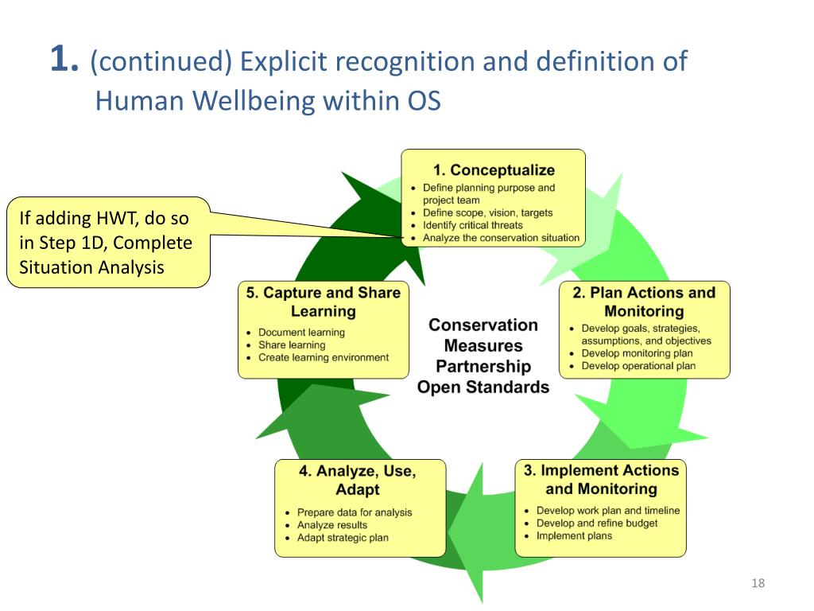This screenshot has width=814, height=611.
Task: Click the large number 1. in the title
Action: (64, 60)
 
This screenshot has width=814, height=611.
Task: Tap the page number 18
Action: (758, 584)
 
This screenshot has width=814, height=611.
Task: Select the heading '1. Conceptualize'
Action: (494, 170)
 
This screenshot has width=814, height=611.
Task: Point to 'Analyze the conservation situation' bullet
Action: (501, 238)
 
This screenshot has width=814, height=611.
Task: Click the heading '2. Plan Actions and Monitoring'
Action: (644, 302)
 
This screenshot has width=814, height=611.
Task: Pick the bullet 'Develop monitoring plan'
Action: (637, 353)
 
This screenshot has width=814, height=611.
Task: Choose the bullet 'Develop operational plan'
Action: (638, 366)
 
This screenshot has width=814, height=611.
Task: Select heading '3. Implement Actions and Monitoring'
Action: (601, 479)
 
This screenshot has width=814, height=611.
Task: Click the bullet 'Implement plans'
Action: (574, 536)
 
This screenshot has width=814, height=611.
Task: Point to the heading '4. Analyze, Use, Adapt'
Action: (358, 480)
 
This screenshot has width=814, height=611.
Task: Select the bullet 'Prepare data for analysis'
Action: (355, 512)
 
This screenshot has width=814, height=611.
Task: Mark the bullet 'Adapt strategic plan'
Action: (343, 538)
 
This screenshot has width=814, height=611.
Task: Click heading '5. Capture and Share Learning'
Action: (324, 302)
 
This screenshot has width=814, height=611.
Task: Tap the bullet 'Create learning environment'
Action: (324, 358)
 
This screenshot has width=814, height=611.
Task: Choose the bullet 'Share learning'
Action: (292, 345)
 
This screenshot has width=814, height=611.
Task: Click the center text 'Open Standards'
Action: (483, 387)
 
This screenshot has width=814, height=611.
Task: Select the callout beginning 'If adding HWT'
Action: (107, 242)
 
